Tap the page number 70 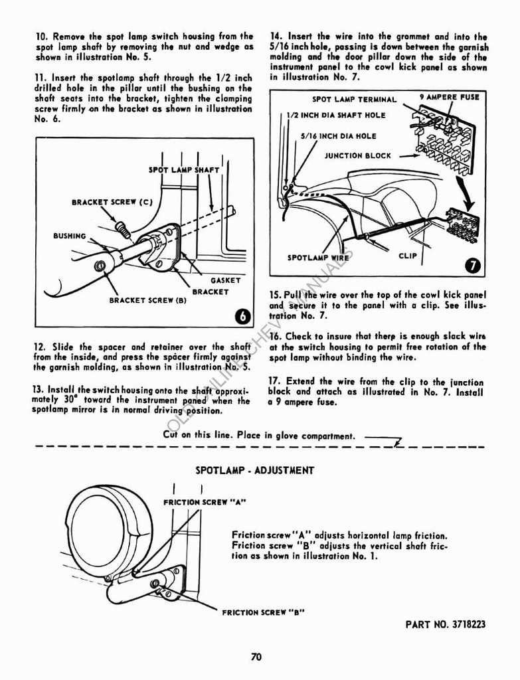(x=257, y=657)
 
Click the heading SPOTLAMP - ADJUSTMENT (x=254, y=470)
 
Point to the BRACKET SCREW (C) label (x=104, y=202)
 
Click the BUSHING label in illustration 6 (x=70, y=236)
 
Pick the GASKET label (x=226, y=280)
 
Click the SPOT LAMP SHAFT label (x=184, y=170)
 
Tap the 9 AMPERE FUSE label (x=450, y=97)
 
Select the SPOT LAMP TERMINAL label (x=354, y=100)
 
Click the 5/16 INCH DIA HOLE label (x=338, y=136)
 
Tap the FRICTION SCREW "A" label (x=205, y=502)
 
